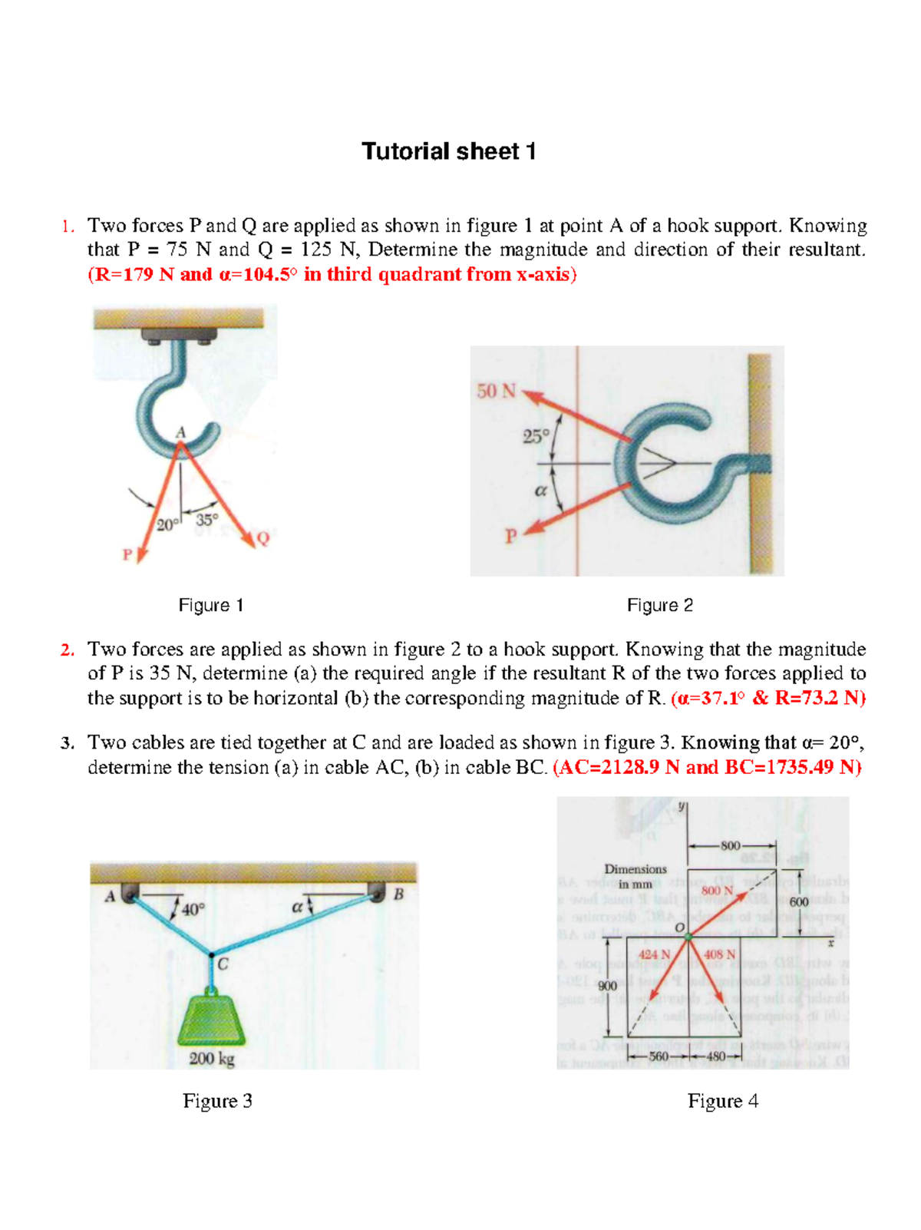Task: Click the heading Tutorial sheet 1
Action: [448, 151]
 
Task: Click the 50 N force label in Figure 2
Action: [497, 391]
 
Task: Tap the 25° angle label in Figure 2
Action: [536, 436]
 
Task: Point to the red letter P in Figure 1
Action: [127, 554]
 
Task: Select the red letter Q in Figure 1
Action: [263, 538]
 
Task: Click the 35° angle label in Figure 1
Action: [206, 520]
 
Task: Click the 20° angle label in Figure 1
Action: [167, 525]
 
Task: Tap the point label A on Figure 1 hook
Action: [181, 432]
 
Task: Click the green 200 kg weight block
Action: [212, 1019]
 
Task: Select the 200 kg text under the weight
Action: [212, 1059]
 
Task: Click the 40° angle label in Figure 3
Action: [193, 909]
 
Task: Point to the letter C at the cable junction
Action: [223, 964]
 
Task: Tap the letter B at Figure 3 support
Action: [398, 894]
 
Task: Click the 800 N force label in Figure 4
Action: [718, 890]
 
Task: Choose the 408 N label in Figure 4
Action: [720, 954]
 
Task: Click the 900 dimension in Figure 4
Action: [608, 985]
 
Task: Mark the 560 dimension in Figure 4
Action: [659, 1056]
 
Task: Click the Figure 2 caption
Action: [660, 605]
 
